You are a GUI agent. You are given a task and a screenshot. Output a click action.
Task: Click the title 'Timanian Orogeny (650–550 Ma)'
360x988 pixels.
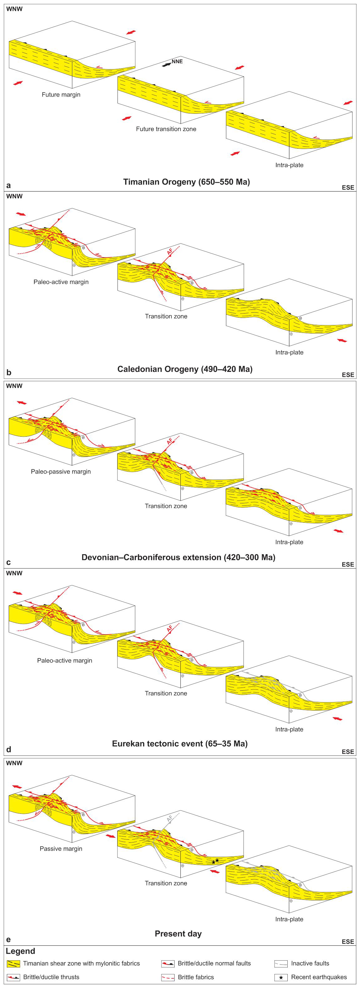point(186,182)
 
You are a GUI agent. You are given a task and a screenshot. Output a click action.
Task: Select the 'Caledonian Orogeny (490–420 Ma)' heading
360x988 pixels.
point(185,369)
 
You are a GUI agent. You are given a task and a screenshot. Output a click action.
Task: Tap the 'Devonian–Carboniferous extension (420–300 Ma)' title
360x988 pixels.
point(178,557)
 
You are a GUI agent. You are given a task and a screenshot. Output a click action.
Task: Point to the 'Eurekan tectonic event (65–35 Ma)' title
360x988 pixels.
point(180,744)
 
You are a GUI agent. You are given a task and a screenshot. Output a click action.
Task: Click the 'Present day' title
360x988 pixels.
point(178,934)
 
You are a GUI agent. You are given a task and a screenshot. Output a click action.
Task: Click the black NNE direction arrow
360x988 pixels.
point(166,65)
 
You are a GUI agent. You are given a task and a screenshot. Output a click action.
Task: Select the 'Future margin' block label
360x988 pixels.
point(61,94)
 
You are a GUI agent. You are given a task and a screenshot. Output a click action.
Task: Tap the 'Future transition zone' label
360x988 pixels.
point(166,129)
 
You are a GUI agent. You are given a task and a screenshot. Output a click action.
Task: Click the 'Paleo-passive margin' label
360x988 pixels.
point(61,471)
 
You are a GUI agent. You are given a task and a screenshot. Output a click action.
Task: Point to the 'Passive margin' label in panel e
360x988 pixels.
point(61,849)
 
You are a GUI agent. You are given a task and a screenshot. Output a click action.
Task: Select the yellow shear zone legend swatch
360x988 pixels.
point(13,963)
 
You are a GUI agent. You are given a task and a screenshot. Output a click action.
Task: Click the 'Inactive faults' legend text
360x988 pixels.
point(310,963)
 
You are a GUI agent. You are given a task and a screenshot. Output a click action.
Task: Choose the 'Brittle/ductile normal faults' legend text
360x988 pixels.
point(214,963)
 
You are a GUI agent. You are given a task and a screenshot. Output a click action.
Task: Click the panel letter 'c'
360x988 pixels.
point(8,562)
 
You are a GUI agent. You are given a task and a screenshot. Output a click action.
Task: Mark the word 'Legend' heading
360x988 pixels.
point(20,951)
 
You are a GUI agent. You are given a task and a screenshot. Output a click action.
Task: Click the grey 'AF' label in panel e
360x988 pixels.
point(170,820)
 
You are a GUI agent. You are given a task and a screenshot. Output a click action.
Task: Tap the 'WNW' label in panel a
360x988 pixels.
point(15,9)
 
